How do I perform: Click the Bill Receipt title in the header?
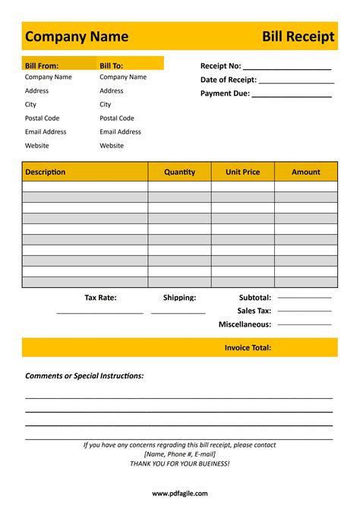point(298,36)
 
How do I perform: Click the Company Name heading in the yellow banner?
point(76,36)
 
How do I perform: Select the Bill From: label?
point(42,66)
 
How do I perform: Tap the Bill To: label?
point(111,66)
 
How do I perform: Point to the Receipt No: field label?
point(220,66)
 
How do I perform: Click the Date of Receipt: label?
point(228,80)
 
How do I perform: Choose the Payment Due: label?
point(225,93)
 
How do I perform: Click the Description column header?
point(45,172)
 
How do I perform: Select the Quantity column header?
point(179,172)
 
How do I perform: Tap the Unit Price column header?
point(242,172)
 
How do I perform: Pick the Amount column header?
point(306,172)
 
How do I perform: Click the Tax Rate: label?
point(100,298)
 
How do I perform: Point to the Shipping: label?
point(179,298)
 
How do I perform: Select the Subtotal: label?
point(254,298)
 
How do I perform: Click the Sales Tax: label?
point(254,311)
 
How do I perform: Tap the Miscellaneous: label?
point(245,324)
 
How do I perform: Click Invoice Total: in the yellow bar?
point(248,348)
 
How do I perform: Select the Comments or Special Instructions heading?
point(84,376)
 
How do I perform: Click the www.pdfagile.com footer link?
point(179,493)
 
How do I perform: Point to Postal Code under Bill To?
point(116,119)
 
